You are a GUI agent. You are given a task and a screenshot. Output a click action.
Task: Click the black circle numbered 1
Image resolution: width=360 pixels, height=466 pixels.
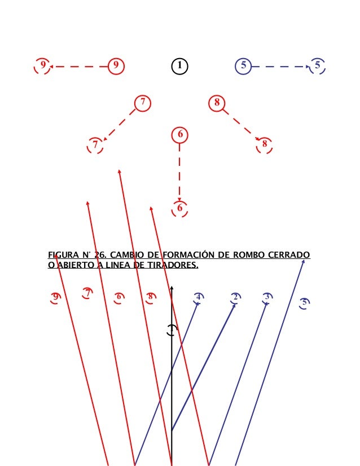coord(179,66)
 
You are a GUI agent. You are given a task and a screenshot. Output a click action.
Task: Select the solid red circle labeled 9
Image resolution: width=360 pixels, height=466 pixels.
coord(116,66)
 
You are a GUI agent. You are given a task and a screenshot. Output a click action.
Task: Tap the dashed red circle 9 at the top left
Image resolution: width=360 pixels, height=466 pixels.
coord(42,65)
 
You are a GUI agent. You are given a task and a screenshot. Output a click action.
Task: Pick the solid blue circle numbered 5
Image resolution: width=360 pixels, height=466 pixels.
coord(243,66)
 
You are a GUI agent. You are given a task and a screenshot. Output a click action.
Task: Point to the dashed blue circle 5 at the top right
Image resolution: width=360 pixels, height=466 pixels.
coord(317,66)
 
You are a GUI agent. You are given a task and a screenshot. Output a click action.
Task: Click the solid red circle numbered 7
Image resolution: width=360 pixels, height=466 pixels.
coord(143,103)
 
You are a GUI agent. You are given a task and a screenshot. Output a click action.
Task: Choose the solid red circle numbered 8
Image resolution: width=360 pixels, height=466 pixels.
coord(217,103)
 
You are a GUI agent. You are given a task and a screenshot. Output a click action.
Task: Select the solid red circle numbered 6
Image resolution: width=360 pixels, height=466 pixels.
coord(179,134)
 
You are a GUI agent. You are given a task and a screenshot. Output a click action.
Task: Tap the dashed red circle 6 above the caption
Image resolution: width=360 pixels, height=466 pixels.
coord(179,208)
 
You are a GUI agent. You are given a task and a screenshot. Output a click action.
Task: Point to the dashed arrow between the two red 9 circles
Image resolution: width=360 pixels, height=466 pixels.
coord(79,66)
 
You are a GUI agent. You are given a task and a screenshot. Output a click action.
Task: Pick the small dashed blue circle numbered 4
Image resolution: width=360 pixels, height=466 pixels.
coord(198,297)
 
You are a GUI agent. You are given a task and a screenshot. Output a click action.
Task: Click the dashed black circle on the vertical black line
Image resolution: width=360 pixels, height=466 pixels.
coord(172,331)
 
